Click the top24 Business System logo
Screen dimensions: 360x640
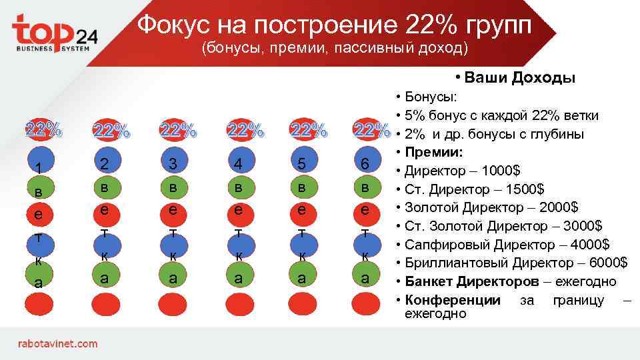55,33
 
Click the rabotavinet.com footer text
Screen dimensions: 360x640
57,344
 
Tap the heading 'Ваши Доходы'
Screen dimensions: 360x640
521,78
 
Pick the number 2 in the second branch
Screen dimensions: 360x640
105,163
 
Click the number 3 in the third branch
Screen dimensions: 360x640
173,163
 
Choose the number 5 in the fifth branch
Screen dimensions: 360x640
302,163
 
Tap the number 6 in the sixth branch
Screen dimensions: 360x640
365,163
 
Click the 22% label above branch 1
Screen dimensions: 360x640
43,129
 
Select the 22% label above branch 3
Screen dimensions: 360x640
178,130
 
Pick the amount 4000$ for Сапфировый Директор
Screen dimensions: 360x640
587,244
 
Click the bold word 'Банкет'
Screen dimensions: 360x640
428,281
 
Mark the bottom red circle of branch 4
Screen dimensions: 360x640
239,304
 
